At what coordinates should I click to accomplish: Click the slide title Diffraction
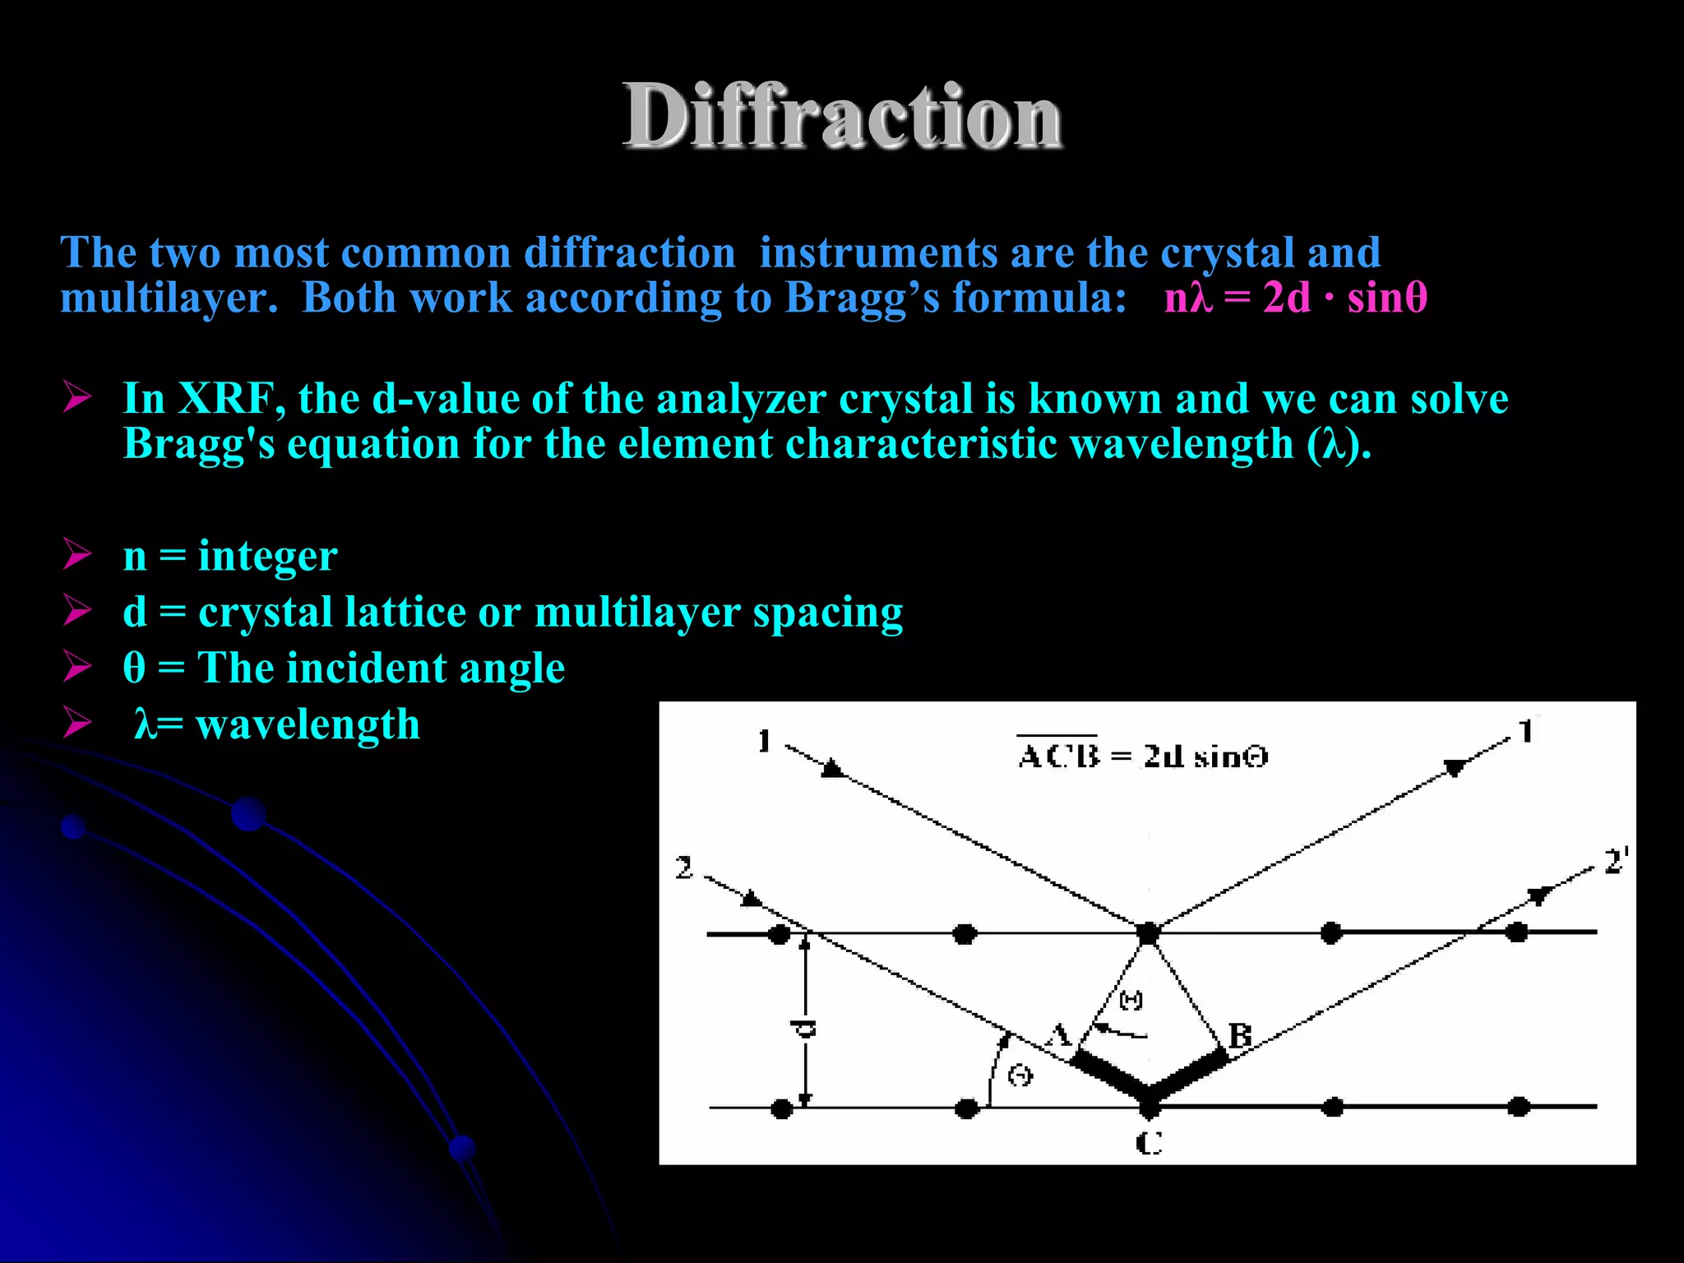[842, 117]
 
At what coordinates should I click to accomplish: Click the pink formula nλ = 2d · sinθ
[1295, 297]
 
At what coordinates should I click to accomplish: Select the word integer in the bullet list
[267, 556]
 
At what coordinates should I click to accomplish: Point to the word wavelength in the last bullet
[308, 724]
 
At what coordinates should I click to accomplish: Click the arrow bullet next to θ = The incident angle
[77, 666]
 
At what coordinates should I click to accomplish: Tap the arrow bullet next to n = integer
[77, 554]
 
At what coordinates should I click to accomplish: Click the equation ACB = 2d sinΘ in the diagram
[1143, 755]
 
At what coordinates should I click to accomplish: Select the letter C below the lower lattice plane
[1149, 1142]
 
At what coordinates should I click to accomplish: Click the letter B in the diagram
[1239, 1035]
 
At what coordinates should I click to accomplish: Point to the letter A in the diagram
[1059, 1034]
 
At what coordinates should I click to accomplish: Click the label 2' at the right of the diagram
[1616, 861]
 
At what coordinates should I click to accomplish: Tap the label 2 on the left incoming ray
[684, 867]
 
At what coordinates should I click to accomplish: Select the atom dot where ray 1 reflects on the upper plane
[1148, 932]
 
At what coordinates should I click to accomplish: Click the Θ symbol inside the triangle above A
[1131, 1000]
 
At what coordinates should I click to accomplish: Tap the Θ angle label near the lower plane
[1020, 1075]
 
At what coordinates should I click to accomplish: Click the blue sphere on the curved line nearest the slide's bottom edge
[462, 1147]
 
